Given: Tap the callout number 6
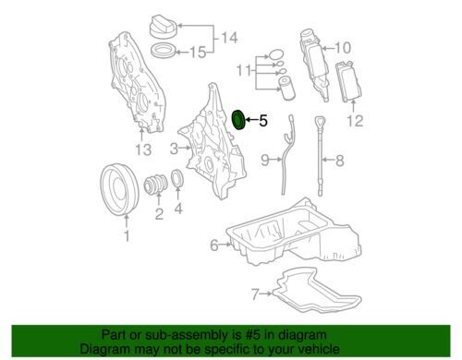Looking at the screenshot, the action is (213, 245).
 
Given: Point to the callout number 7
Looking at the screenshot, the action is (254, 295).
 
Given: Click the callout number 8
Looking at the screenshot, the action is (339, 162).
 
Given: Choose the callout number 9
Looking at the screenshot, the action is (263, 161).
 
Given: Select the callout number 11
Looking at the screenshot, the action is (243, 69).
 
